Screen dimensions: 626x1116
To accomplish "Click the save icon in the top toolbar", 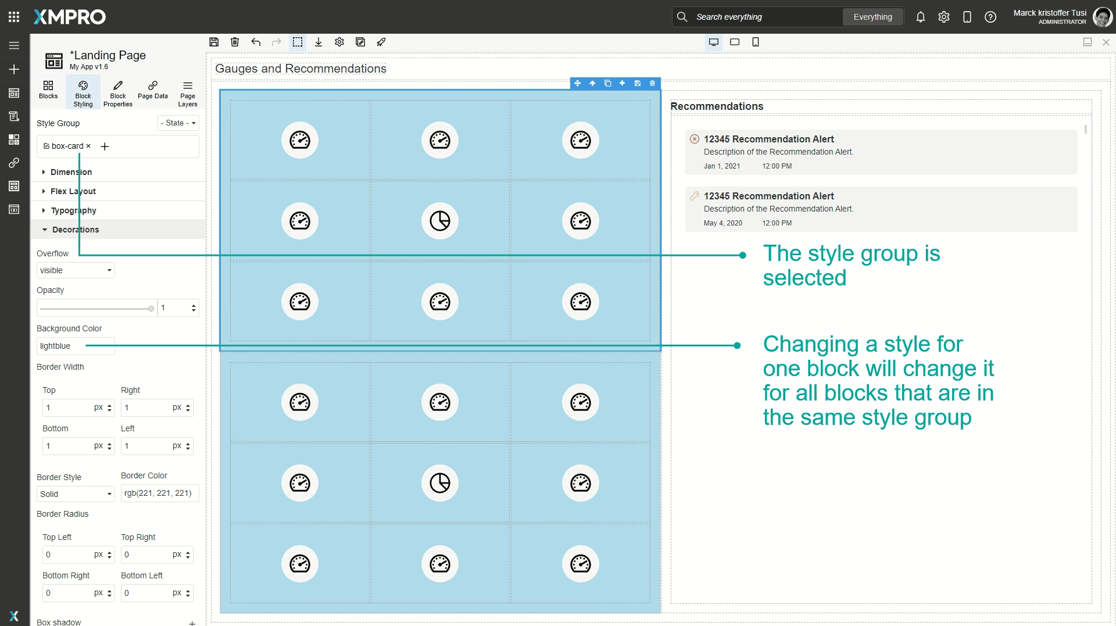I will [x=214, y=42].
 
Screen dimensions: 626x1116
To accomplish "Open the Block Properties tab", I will [x=117, y=93].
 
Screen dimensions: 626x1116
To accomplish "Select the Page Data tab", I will [x=152, y=90].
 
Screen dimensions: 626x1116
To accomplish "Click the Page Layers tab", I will [x=187, y=93].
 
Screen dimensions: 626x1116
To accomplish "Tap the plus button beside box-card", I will [x=105, y=146].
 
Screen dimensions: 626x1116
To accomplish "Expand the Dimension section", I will [x=71, y=172].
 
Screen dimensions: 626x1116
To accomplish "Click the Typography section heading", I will [x=73, y=210].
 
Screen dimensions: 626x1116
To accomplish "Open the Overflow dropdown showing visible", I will [x=76, y=270].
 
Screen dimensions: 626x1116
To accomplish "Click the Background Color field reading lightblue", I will [x=76, y=346].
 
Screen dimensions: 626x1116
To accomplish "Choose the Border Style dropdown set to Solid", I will [x=76, y=494].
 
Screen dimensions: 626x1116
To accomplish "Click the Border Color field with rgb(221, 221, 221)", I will [x=159, y=493].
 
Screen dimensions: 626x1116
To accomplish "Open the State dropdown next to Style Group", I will [x=178, y=123].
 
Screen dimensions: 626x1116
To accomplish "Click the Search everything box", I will [x=761, y=17].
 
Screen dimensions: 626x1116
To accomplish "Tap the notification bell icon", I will [x=920, y=17].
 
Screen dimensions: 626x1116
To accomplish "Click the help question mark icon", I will [x=990, y=17].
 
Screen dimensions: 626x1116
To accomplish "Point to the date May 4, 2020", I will [x=722, y=223].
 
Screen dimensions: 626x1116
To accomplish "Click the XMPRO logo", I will [x=70, y=17].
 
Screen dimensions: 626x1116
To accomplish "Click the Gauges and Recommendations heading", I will [x=301, y=69].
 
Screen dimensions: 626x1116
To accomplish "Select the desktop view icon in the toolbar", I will [x=713, y=42].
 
